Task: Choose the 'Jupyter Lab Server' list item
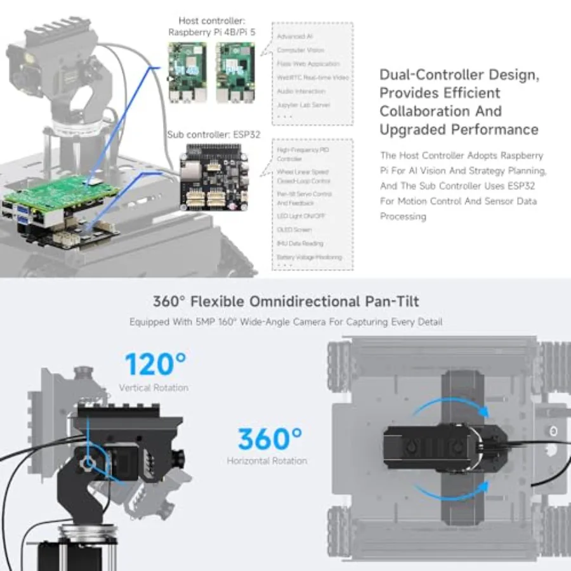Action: coord(303,105)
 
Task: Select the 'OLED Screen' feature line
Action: coord(294,230)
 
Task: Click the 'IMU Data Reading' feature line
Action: coord(300,244)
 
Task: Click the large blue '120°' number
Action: coord(155,364)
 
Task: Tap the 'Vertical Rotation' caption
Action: coord(154,387)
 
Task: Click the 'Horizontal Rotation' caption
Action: coord(267,461)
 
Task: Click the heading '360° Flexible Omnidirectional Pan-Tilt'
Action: coord(285,301)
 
